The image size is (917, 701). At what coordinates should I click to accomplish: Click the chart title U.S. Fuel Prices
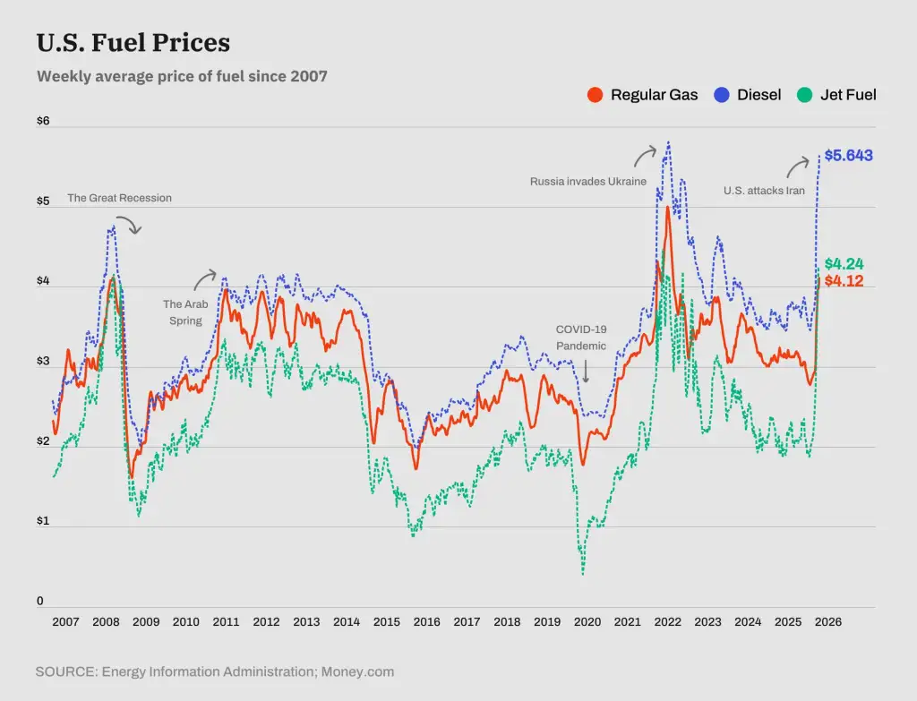133,43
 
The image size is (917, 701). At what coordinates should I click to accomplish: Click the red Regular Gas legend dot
595,95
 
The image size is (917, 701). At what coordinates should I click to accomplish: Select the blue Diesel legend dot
721,95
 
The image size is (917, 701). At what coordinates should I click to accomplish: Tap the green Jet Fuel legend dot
804,95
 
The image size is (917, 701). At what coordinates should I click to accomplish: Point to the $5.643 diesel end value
848,156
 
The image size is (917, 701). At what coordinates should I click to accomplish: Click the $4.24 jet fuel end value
844,264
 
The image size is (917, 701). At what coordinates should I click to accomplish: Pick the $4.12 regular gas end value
844,281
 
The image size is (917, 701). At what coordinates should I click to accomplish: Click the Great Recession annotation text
119,198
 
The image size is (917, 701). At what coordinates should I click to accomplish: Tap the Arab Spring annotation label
185,312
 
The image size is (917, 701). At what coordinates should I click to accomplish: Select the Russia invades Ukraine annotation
587,182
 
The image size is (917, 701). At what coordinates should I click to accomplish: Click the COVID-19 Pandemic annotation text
581,338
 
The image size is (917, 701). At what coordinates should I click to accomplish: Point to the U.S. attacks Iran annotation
764,191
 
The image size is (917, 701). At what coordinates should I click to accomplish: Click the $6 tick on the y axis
43,122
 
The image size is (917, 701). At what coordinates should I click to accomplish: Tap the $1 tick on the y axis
43,521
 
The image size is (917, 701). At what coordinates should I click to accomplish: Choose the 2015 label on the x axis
387,622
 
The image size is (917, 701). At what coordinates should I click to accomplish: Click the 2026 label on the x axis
828,622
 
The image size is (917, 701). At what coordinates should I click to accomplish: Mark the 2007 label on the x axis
65,622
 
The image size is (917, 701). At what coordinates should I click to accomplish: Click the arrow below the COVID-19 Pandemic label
586,371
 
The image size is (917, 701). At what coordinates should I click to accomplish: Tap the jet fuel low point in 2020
583,573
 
